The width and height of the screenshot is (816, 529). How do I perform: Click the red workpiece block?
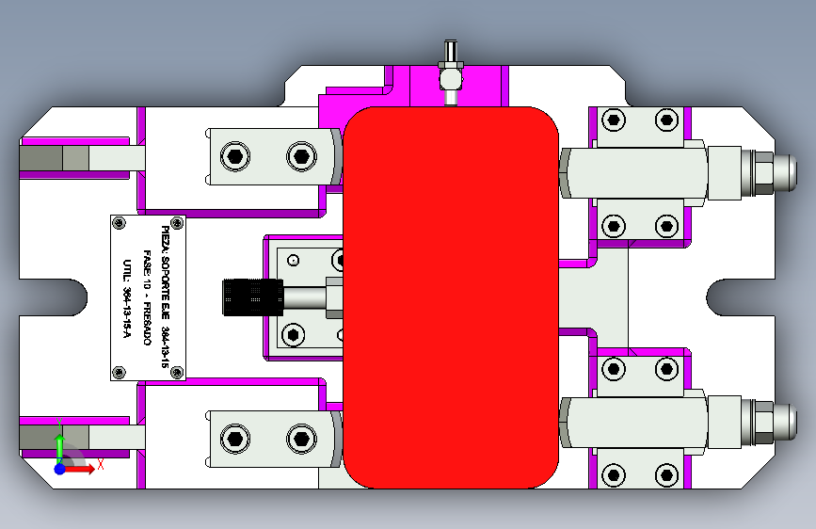[x=450, y=297]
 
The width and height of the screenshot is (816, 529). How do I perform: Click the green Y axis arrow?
[x=59, y=443]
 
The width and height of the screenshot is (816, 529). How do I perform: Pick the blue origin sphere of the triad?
[x=59, y=468]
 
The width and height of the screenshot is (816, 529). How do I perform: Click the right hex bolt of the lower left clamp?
[x=300, y=437]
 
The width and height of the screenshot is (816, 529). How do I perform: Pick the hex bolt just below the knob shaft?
[x=294, y=334]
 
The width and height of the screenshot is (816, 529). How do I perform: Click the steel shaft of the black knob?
[x=304, y=297]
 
